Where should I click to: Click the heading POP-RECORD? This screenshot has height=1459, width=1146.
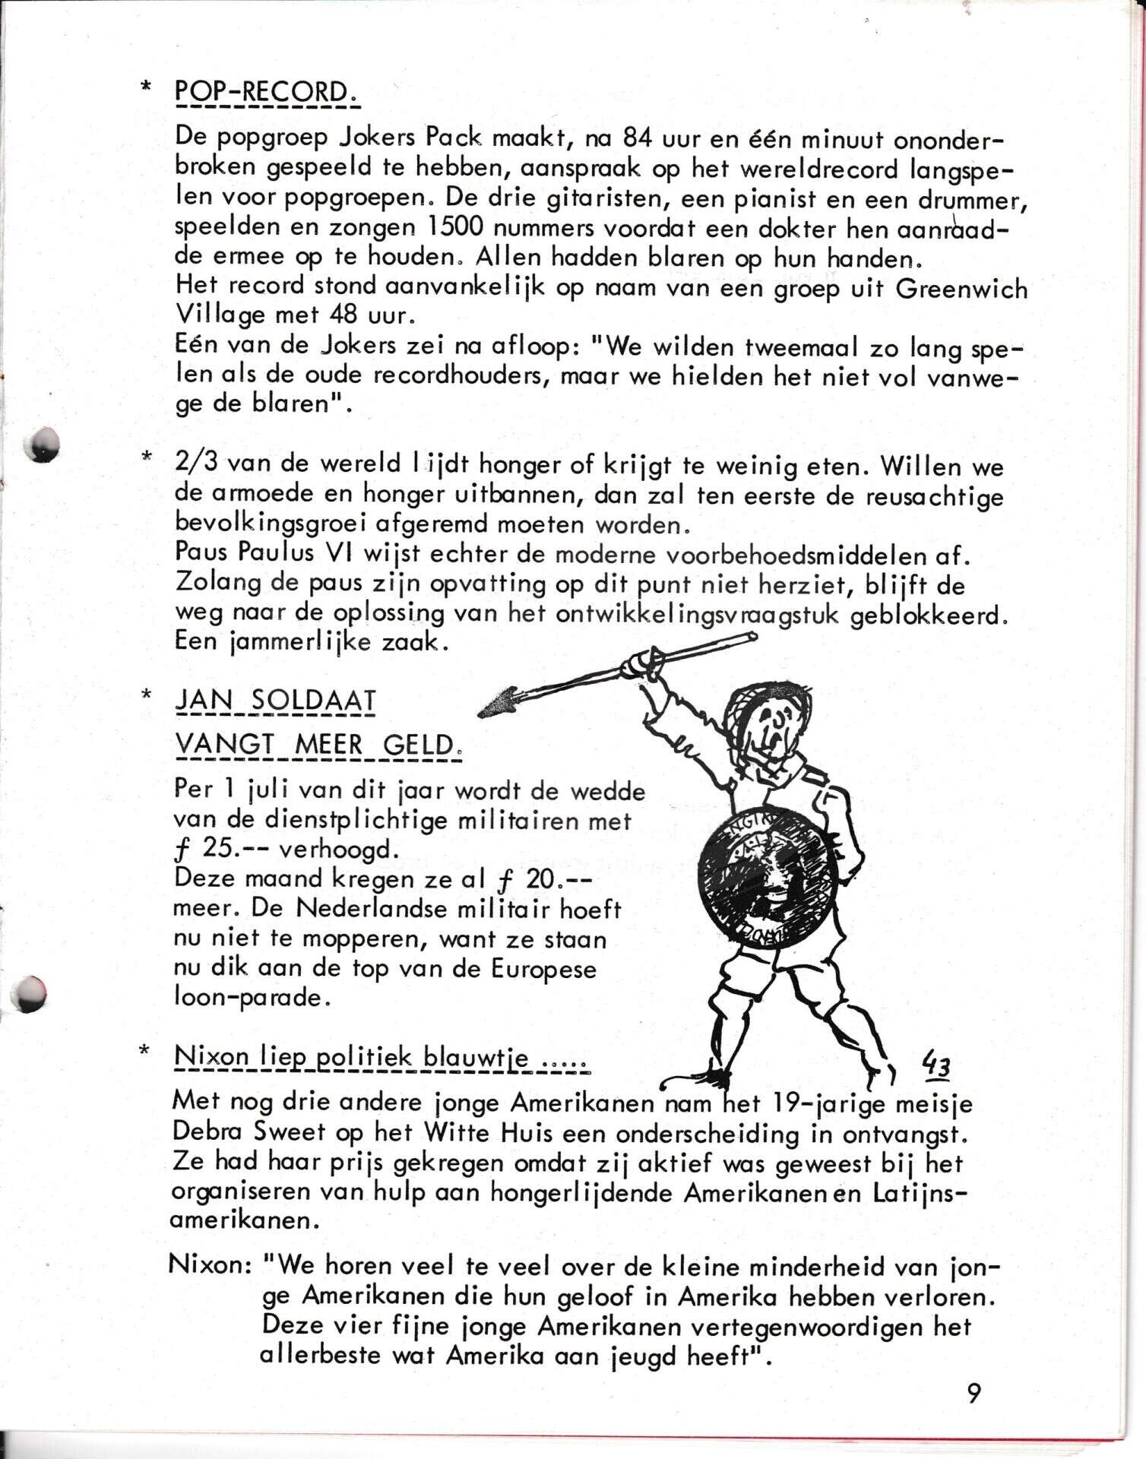(x=266, y=94)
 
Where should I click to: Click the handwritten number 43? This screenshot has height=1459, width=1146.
(x=936, y=1064)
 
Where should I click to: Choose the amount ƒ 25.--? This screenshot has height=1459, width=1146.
(x=212, y=850)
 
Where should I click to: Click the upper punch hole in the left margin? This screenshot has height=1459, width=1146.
(x=42, y=443)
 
